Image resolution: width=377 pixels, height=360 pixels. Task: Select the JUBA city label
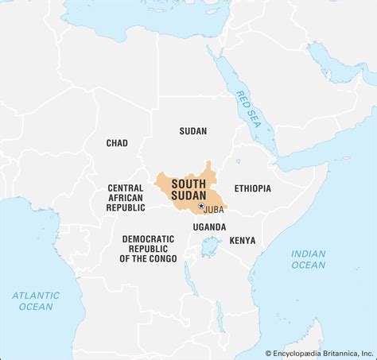point(213,210)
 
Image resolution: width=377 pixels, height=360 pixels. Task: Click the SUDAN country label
point(193,131)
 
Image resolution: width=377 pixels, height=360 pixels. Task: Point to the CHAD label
point(117,143)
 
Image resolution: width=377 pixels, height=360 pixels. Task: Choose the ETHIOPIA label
point(252,188)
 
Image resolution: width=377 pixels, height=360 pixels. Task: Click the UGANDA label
point(209,226)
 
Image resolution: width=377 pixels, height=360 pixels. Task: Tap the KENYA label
point(243,239)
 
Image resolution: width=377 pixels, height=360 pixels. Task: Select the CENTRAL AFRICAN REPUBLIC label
point(126,197)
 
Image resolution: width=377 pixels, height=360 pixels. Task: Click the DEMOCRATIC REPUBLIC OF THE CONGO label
point(148,248)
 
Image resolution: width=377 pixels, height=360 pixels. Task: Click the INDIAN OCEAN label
point(308,259)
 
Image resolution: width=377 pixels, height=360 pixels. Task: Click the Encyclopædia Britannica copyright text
point(318,353)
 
